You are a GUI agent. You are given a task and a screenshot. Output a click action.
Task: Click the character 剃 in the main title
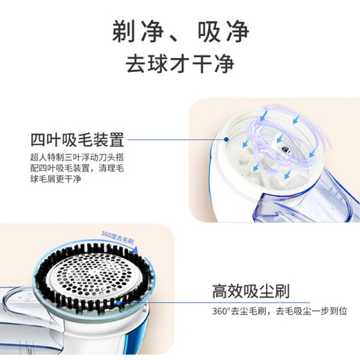pyautogui.click(x=124, y=31)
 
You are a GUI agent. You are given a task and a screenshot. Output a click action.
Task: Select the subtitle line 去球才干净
pyautogui.click(x=179, y=64)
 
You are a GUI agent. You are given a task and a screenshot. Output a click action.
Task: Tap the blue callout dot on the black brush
pyautogui.click(x=120, y=302)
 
